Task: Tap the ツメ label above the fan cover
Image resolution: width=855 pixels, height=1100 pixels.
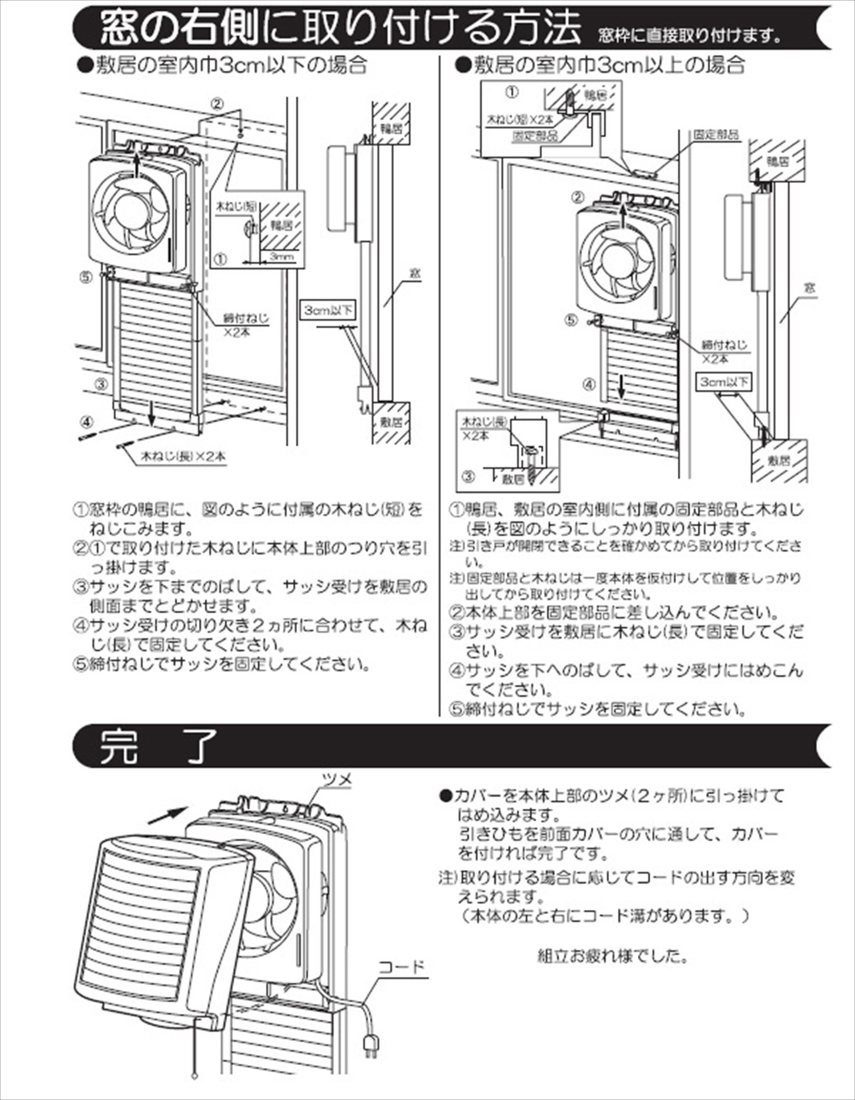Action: click(337, 779)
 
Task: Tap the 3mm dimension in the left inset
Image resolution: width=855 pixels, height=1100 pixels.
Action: click(282, 257)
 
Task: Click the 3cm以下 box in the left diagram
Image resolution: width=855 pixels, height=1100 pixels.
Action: click(328, 311)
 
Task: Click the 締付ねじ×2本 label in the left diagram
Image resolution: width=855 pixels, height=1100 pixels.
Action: click(246, 325)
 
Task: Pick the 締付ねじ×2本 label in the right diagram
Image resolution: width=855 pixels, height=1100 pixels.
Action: click(723, 351)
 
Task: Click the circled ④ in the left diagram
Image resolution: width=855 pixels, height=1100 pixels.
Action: click(85, 422)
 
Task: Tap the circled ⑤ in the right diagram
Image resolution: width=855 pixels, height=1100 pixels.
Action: click(571, 320)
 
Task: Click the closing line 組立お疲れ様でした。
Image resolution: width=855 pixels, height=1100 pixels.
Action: click(613, 955)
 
